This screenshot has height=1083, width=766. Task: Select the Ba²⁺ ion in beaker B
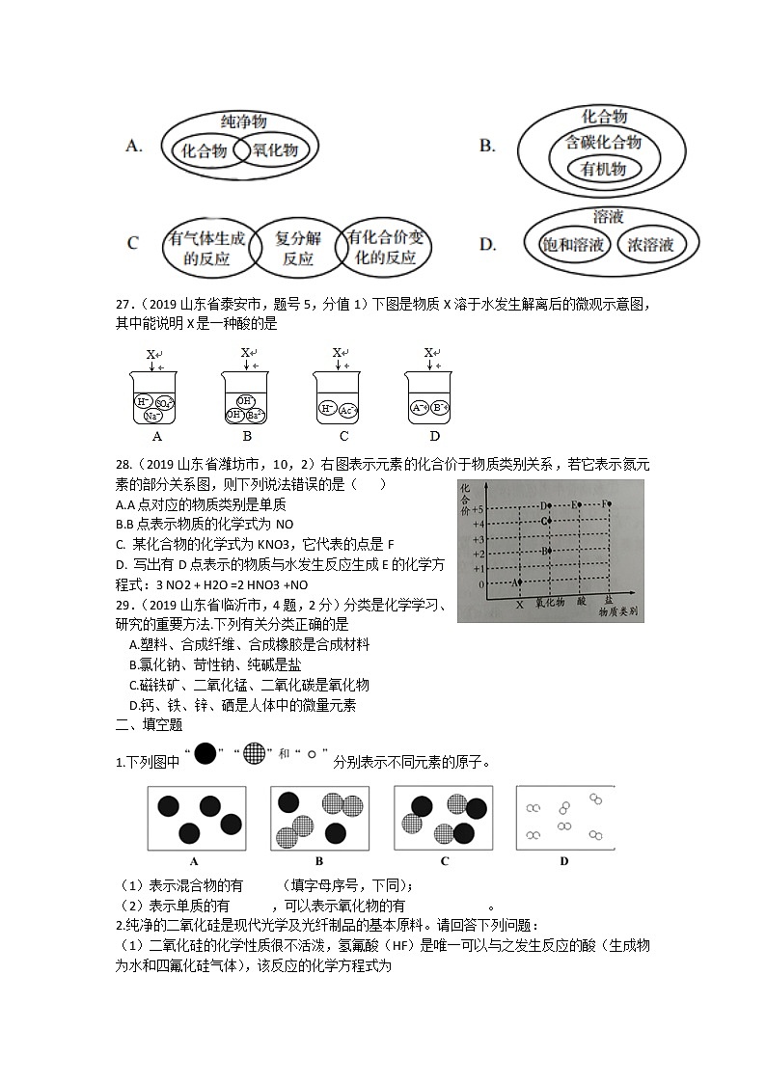point(253,415)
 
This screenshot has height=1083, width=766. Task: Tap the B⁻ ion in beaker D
point(437,407)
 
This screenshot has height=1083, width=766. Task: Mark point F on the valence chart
point(607,504)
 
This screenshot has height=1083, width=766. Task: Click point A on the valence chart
point(517,582)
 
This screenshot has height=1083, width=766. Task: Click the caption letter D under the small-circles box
point(564,861)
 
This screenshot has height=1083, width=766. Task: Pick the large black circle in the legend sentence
point(205,753)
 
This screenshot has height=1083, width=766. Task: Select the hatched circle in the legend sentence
point(253,753)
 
